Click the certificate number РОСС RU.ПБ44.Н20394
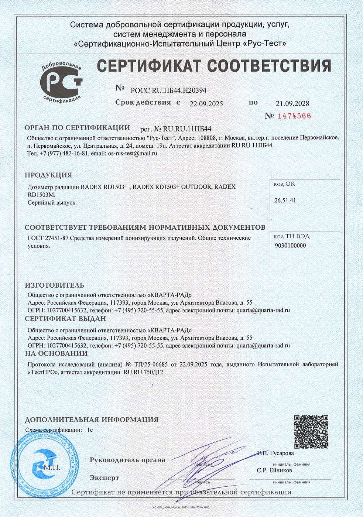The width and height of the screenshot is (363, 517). tap(168, 90)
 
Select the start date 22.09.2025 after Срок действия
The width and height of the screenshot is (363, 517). tap(206, 104)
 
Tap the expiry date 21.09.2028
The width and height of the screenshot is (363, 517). tap(292, 103)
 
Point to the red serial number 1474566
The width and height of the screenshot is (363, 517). tap(294, 116)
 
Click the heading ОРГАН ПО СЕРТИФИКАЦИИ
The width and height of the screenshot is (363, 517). tap(77, 128)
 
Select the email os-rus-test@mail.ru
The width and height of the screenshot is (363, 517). tap(132, 153)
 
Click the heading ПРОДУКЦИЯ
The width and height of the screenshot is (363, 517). tap(48, 175)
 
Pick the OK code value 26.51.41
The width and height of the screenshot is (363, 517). tap(285, 200)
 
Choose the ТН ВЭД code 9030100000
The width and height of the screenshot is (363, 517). tap(291, 245)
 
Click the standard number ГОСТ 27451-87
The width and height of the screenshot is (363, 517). tap(48, 238)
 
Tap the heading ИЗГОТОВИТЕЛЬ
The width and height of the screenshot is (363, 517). tap(54, 285)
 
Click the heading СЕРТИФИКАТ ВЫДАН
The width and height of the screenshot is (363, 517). tap(65, 318)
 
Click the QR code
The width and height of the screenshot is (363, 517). tap(311, 432)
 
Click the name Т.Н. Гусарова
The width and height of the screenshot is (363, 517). tap(275, 453)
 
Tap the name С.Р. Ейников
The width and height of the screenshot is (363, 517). tap(274, 470)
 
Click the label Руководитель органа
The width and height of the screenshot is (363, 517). tap(127, 460)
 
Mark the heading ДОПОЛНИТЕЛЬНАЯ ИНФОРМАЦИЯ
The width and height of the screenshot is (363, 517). tap(92, 420)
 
